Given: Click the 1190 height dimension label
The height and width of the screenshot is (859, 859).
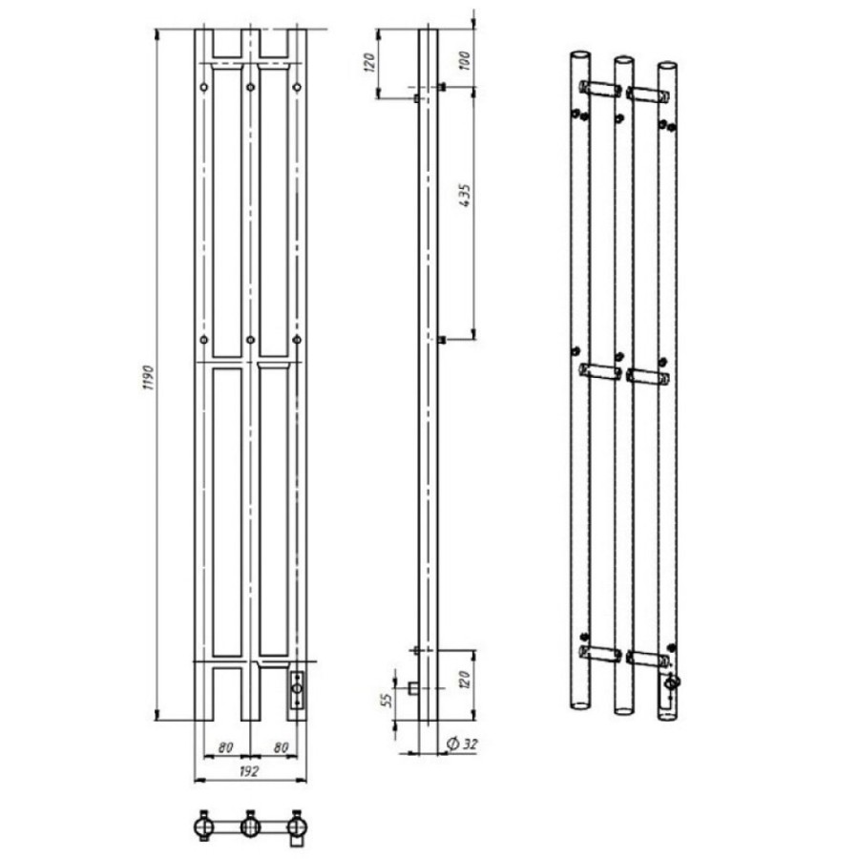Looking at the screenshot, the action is [x=149, y=377].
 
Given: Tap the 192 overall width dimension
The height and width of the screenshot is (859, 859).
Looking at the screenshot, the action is [x=249, y=771].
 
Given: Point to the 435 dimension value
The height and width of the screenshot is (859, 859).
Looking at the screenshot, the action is [x=465, y=195].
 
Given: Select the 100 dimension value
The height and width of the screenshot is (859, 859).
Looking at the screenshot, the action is [x=464, y=60].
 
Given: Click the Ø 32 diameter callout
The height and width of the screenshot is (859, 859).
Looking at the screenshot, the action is [x=462, y=744].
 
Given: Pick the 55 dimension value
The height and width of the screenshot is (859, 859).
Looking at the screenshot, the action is [x=387, y=700].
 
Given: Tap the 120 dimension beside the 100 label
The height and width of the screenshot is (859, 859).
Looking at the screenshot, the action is [x=369, y=63].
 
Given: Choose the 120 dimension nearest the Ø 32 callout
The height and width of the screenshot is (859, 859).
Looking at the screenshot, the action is [x=465, y=680].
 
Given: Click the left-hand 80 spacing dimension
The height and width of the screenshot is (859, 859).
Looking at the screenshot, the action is [x=225, y=747].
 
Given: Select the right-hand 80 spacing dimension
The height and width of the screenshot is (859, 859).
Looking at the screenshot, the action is [x=281, y=747].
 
